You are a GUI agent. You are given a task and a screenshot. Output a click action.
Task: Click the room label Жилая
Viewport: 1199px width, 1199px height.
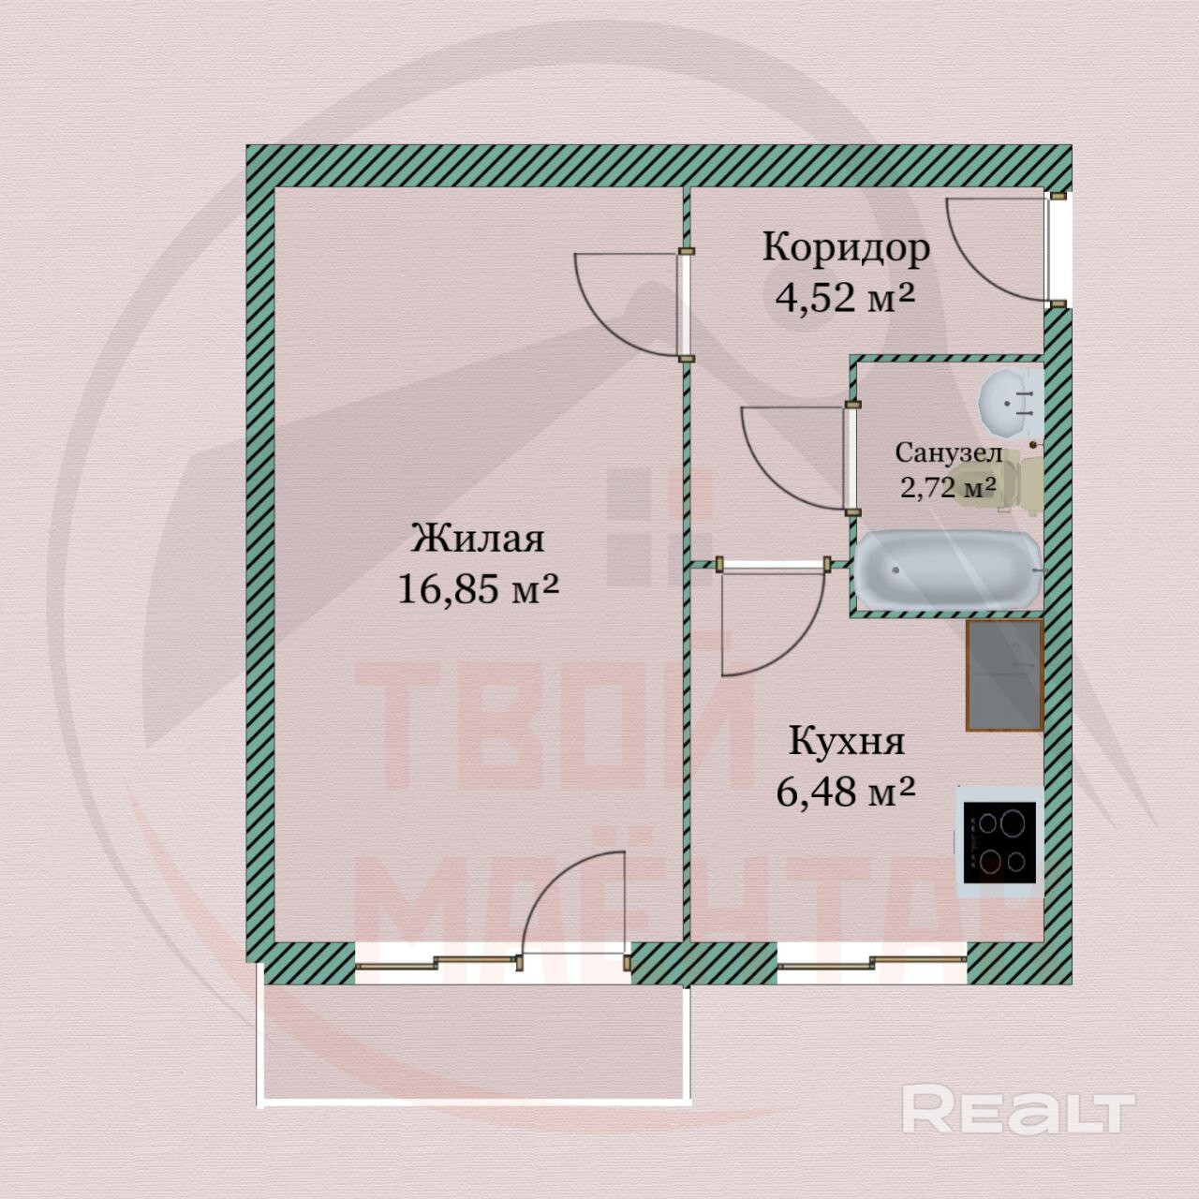tap(478, 540)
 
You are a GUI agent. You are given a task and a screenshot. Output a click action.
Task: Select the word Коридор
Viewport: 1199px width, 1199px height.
tap(846, 248)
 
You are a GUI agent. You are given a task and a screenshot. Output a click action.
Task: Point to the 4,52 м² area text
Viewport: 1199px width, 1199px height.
tap(844, 298)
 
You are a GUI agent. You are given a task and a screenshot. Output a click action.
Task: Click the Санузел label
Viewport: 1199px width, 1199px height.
tap(948, 453)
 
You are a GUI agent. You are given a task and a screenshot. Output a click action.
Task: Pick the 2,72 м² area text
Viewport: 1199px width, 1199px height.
tap(947, 488)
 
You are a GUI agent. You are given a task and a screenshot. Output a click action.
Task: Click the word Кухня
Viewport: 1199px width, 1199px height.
tap(847, 741)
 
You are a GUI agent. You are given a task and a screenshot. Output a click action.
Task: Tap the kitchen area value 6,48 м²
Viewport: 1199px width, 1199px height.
tap(845, 792)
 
